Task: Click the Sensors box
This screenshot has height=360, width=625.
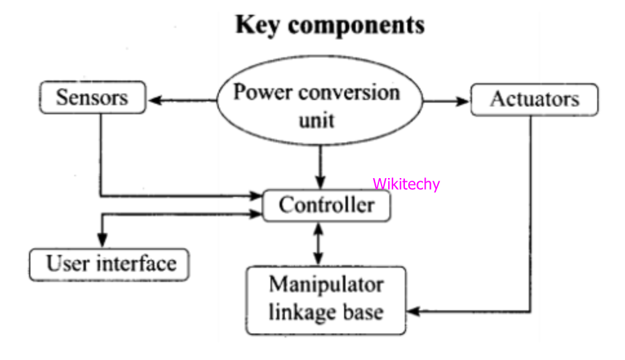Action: pyautogui.click(x=92, y=98)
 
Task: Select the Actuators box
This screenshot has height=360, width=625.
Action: pyautogui.click(x=534, y=99)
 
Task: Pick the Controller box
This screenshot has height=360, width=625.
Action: pyautogui.click(x=326, y=205)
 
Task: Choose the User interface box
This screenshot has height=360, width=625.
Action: pyautogui.click(x=110, y=263)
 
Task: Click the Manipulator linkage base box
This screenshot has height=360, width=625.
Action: pyautogui.click(x=326, y=299)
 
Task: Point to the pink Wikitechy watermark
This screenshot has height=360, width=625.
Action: pyautogui.click(x=405, y=185)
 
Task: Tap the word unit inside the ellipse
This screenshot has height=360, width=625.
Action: pyautogui.click(x=316, y=119)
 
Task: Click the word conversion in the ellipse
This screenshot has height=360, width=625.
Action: pyautogui.click(x=352, y=92)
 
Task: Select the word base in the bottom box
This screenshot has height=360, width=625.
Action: pyautogui.click(x=364, y=312)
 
